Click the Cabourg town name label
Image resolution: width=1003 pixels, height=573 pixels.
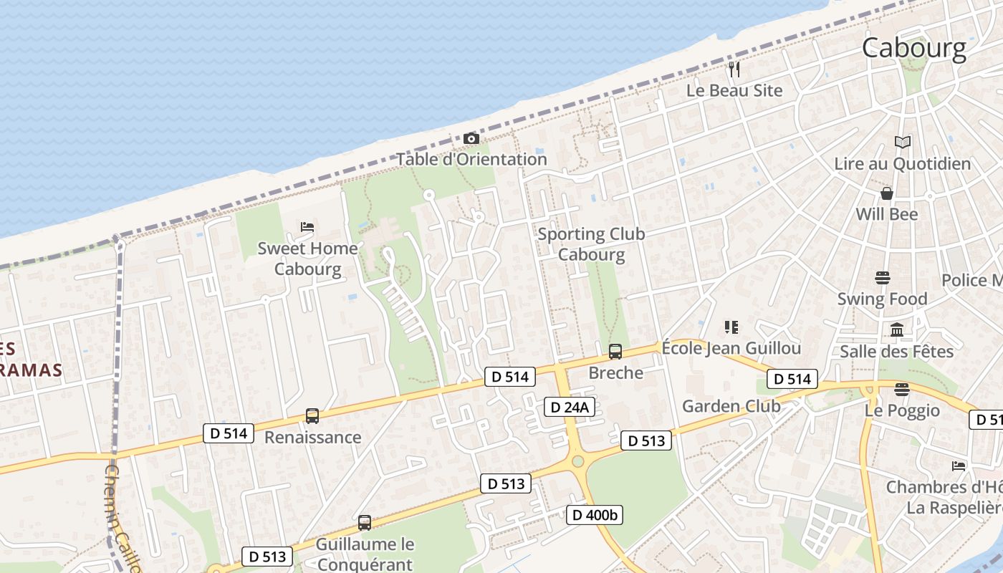pyautogui.click(x=914, y=48)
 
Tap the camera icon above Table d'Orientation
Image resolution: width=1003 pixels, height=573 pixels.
pyautogui.click(x=471, y=138)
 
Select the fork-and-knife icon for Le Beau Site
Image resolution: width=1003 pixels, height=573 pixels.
pyautogui.click(x=734, y=69)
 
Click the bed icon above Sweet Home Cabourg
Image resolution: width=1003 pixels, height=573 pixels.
pyautogui.click(x=307, y=227)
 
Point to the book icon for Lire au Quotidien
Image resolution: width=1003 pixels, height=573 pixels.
pyautogui.click(x=903, y=143)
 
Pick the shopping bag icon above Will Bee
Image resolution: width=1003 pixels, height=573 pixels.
pyautogui.click(x=887, y=193)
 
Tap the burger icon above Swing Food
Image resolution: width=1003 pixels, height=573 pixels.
pyautogui.click(x=883, y=278)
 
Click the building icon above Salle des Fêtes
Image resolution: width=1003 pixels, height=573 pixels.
pyautogui.click(x=897, y=330)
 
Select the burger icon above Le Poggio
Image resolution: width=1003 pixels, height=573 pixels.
pyautogui.click(x=902, y=389)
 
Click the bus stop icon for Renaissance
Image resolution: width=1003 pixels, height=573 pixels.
pyautogui.click(x=312, y=416)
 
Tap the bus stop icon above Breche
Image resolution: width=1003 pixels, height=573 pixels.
pyautogui.click(x=615, y=352)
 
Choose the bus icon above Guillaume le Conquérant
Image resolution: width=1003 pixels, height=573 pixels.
pyautogui.click(x=365, y=523)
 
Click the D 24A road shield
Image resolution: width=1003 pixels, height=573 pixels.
pyautogui.click(x=570, y=408)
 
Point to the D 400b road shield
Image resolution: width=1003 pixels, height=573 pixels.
pyautogui.click(x=595, y=514)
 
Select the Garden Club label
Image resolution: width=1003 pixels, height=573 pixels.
pyautogui.click(x=731, y=406)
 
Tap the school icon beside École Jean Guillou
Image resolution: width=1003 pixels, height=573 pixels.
pyautogui.click(x=731, y=327)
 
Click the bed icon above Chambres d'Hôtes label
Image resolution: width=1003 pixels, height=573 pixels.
pyautogui.click(x=959, y=466)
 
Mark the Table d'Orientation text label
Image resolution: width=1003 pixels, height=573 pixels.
pyautogui.click(x=472, y=159)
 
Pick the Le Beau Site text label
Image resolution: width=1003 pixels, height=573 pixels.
pyautogui.click(x=734, y=91)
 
